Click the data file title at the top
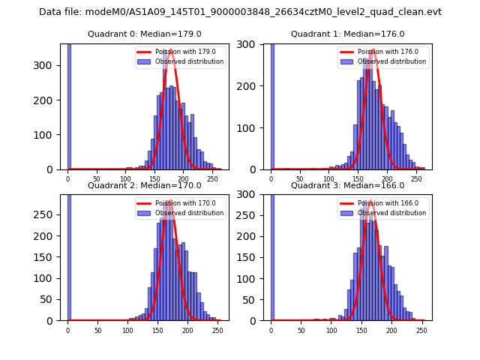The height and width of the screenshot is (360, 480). pyautogui.click(x=240, y=12)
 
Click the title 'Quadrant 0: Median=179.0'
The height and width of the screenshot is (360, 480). pyautogui.click(x=145, y=34)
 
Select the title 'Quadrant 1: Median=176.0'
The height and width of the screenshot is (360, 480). pyautogui.click(x=347, y=34)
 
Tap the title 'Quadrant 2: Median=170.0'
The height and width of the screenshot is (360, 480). pyautogui.click(x=145, y=185)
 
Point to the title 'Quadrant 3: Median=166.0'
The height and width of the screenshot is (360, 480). pyautogui.click(x=347, y=185)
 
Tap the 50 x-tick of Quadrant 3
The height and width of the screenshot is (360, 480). pyautogui.click(x=301, y=330)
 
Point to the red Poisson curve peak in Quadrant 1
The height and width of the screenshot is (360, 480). pyautogui.click(x=373, y=51)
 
